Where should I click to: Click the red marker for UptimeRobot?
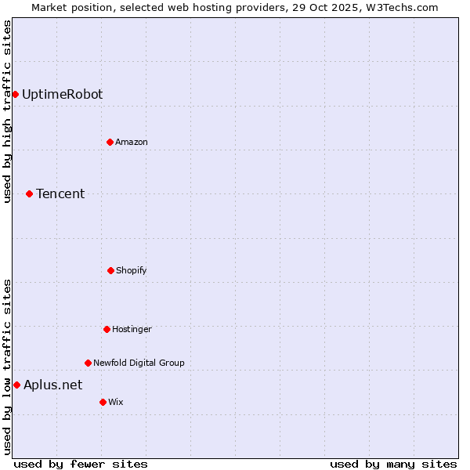coord(15,95)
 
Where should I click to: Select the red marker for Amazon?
coord(110,142)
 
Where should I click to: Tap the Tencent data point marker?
coord(30,193)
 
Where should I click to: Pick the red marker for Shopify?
coord(110,270)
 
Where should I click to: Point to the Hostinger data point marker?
coord(107,329)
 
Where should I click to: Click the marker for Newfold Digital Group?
coord(88,363)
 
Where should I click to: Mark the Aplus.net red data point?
coord(16,385)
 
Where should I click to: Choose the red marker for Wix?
coord(103,402)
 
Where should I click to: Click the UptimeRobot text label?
coord(62,95)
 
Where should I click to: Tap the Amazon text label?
coord(132,142)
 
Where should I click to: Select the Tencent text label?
coord(60,193)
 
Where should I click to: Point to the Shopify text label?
coord(132,270)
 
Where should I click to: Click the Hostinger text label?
coord(132,329)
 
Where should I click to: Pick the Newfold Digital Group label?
coord(139,363)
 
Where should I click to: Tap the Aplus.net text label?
coord(52,385)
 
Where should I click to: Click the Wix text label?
coord(116,402)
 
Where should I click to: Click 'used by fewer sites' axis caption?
coord(81,464)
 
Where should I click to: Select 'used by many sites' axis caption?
coord(393,464)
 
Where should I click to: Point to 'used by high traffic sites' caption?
coord(7,111)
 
